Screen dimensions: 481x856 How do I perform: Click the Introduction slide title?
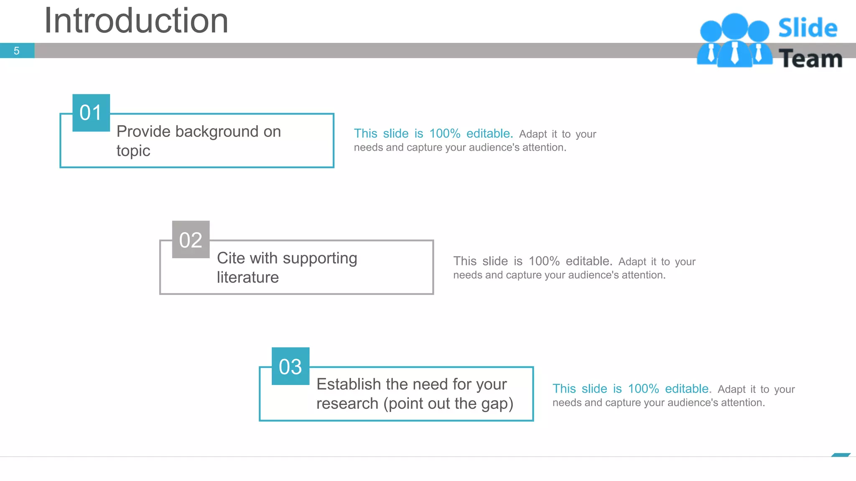[136, 21]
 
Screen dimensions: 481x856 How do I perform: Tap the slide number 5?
[17, 51]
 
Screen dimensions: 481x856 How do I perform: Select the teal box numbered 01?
[91, 113]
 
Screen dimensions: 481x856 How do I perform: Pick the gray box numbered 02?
[191, 240]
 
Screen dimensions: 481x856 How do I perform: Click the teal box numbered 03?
[290, 367]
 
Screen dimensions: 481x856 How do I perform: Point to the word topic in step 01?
[133, 151]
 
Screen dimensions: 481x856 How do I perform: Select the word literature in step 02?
[247, 278]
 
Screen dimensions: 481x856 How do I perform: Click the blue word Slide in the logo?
[808, 28]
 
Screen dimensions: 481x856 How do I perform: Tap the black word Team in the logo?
[810, 59]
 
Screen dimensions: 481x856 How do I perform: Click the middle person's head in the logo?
[734, 26]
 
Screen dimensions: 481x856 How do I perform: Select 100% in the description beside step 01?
[445, 134]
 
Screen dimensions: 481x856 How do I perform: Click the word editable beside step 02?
[588, 261]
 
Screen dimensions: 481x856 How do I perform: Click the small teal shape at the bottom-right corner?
[841, 455]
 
